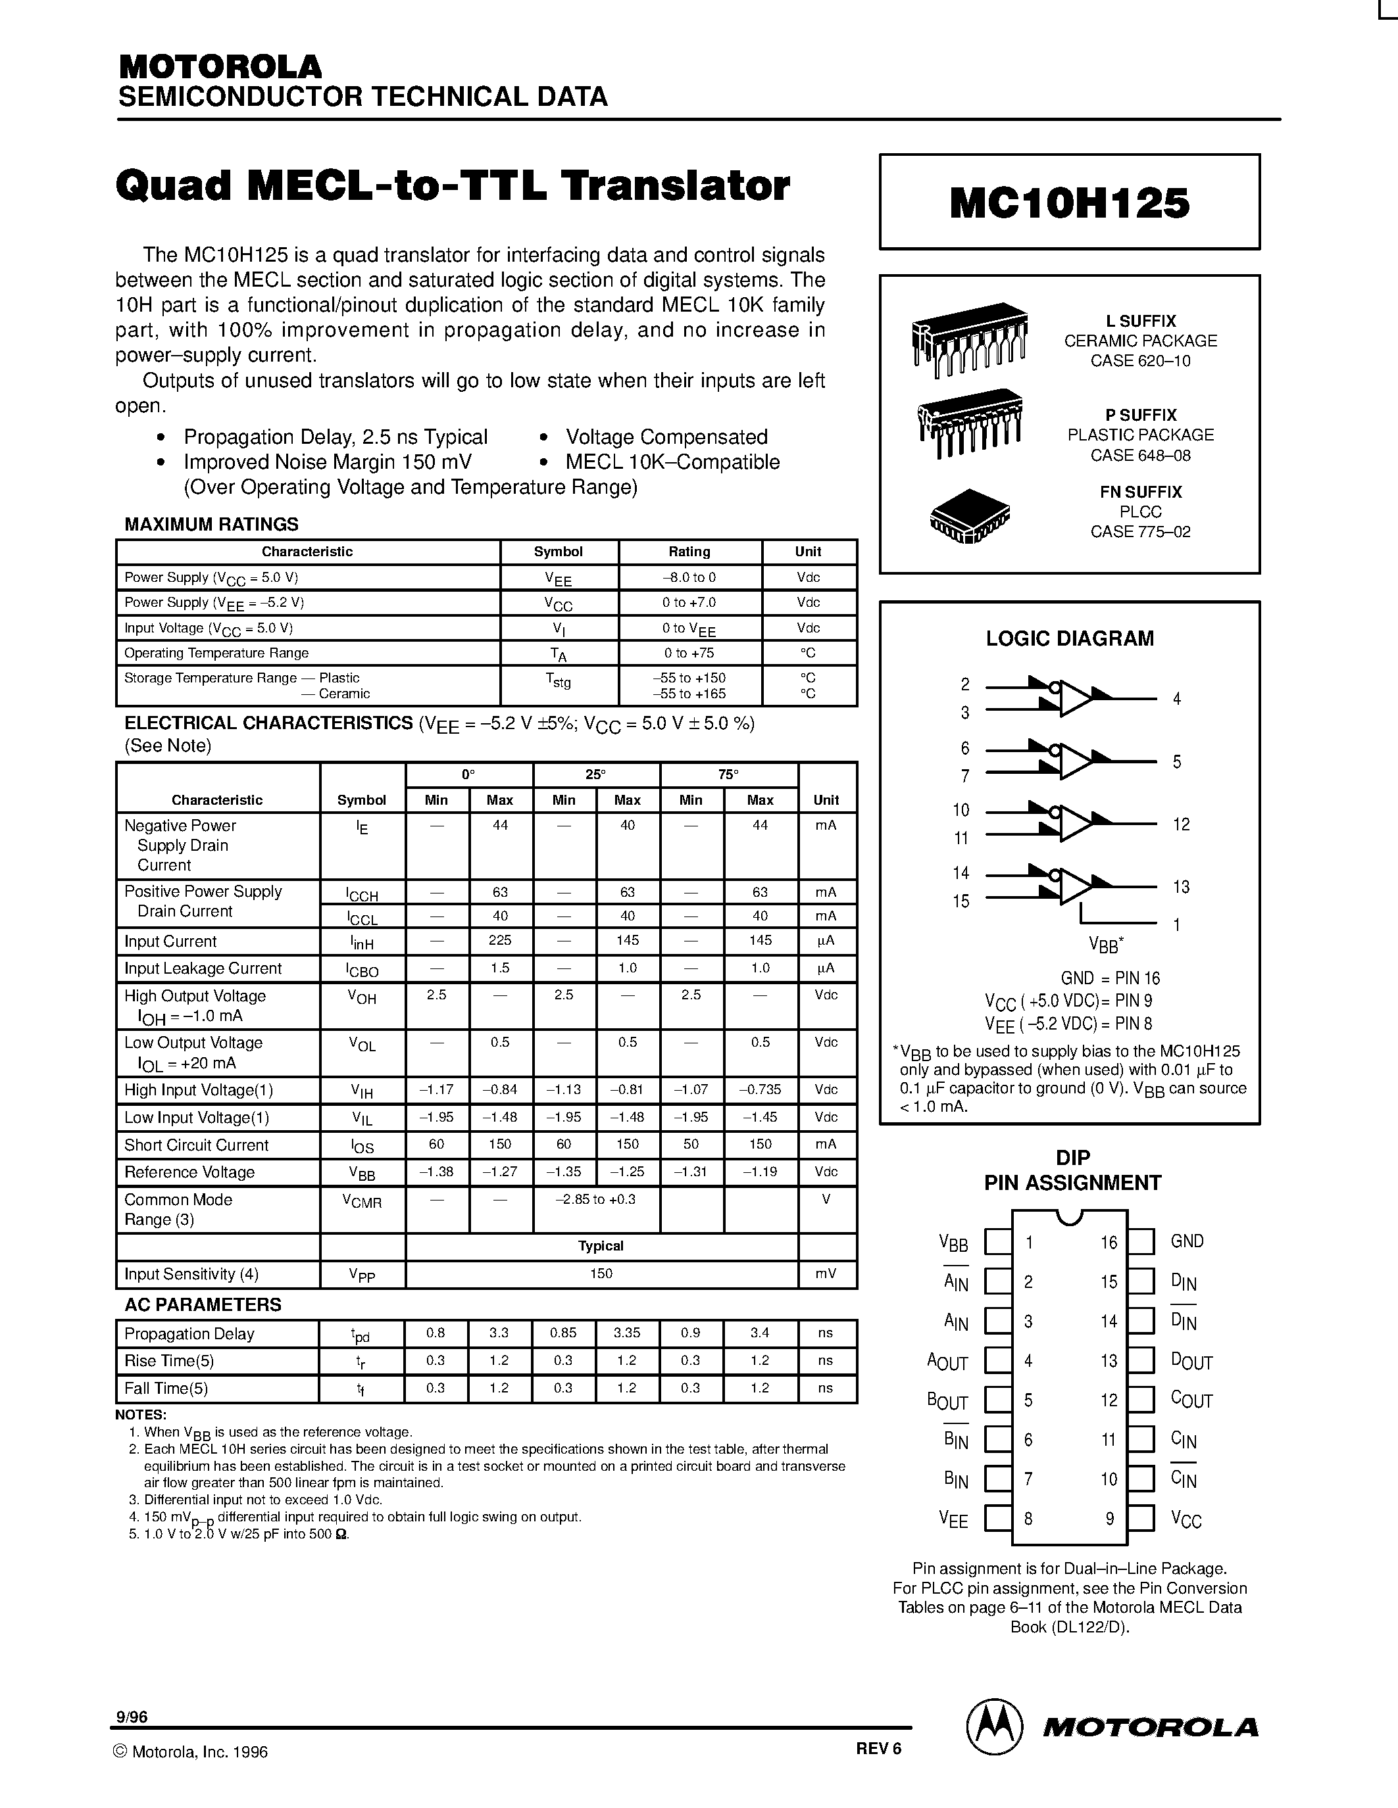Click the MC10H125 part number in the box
coord(1069,202)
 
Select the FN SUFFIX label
coord(1140,492)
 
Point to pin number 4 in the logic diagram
coord(1177,699)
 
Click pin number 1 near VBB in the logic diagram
coord(1177,924)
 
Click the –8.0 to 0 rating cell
coord(689,577)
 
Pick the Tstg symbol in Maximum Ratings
coord(558,680)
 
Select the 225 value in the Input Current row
coord(499,940)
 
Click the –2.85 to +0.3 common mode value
coord(595,1199)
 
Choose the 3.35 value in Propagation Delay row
coord(626,1333)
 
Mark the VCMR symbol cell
coord(362,1201)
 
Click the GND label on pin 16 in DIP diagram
coord(1187,1241)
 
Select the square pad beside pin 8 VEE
coord(998,1519)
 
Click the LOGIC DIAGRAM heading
coord(1069,638)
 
